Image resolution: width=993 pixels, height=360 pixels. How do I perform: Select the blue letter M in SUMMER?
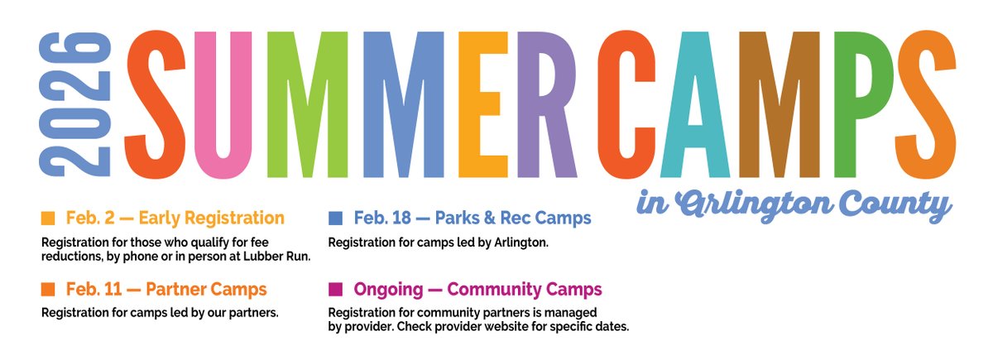405,103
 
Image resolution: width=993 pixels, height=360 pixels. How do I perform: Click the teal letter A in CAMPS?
700,103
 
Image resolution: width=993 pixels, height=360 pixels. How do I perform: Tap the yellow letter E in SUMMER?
480,103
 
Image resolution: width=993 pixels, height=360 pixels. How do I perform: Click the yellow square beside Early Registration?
48,218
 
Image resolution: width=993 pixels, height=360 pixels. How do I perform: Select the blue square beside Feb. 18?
335,218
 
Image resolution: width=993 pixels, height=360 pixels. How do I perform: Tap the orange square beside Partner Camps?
48,290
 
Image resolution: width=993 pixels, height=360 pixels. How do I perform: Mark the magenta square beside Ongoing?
335,290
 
